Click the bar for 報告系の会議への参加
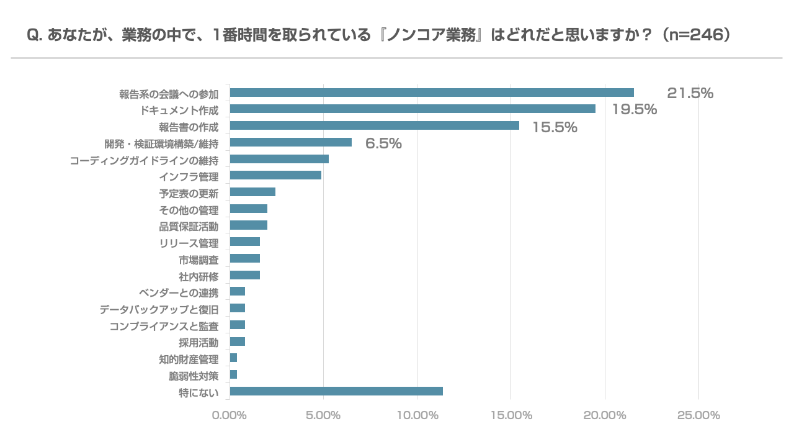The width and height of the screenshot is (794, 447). [432, 93]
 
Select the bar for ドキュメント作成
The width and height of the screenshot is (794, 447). [413, 109]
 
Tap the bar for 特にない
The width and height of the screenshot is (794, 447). [336, 391]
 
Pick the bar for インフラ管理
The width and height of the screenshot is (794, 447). [275, 175]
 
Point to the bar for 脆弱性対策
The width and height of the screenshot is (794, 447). [233, 374]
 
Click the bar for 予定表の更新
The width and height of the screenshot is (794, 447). [252, 192]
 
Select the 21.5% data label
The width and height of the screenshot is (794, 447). [690, 93]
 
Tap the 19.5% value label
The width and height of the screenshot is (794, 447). [634, 110]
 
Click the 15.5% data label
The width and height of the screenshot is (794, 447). [555, 127]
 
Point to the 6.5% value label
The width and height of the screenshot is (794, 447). [383, 143]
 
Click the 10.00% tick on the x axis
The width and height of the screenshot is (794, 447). [417, 415]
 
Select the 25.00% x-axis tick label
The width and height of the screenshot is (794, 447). [698, 415]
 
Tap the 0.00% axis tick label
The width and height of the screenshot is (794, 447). [230, 415]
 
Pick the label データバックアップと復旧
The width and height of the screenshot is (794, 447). [159, 309]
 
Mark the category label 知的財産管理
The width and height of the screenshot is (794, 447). [189, 359]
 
